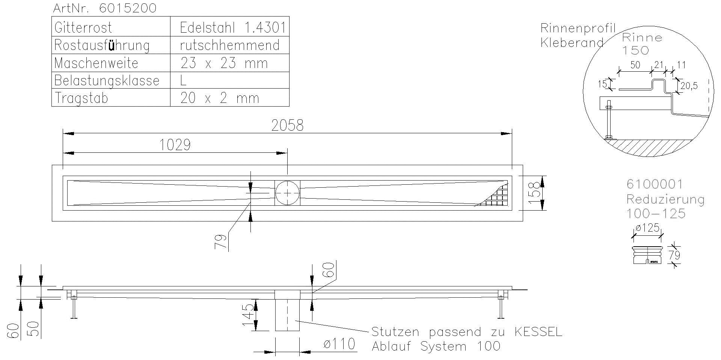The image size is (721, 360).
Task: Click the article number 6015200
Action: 128,8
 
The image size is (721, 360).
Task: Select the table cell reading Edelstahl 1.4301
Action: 232,28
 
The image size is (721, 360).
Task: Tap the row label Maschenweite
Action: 96,63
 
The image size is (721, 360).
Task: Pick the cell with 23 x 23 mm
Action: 224,63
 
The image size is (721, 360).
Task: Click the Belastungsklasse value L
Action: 184,80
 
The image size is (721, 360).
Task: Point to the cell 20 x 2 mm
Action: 220,98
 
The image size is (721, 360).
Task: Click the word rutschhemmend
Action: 230,45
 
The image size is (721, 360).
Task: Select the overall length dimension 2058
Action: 287,125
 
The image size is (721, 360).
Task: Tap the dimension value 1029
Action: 175,145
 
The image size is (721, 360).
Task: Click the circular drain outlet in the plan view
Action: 287,193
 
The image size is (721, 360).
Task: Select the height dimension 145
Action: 247,315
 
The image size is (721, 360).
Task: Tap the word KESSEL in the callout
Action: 538,332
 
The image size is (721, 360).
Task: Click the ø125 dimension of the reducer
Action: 648,228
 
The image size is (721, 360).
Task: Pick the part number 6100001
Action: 655,184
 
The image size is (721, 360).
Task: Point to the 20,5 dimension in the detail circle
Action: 689,86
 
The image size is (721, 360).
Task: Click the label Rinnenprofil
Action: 578,28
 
